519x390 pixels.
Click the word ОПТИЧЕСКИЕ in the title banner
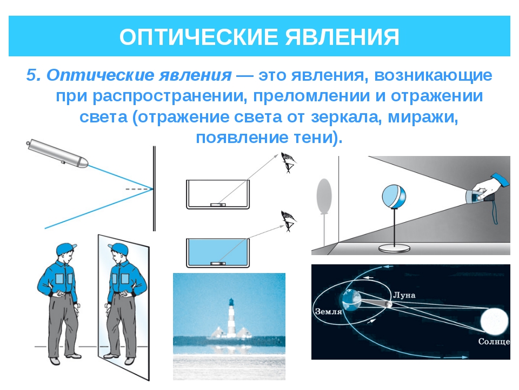coord(198,37)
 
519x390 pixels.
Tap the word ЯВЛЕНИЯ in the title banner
coord(342,37)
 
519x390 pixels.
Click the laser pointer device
coord(57,153)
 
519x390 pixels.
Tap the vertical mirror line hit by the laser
coord(154,188)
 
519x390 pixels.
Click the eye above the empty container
coord(288,162)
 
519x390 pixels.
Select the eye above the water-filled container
coord(289,221)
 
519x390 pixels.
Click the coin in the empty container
coord(218,205)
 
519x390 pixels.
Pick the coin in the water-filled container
coord(218,263)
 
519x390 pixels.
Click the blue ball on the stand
coord(394,197)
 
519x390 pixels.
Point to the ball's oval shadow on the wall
coord(324,196)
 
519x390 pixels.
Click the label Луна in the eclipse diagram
coord(404,295)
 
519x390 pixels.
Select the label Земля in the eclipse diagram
coord(328,311)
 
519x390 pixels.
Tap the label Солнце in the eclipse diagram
coord(494,342)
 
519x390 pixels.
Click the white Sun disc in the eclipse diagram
coord(494,321)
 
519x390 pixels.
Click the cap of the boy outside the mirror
coord(66,249)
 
